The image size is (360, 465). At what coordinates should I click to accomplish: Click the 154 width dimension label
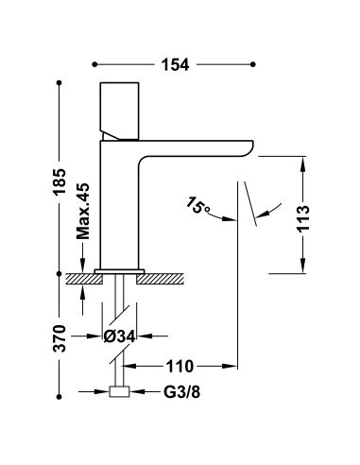point(175,64)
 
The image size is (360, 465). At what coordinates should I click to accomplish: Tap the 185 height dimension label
point(60,181)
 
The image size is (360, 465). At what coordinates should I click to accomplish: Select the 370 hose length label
point(60,338)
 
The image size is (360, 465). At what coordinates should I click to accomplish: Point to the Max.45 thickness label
point(83,211)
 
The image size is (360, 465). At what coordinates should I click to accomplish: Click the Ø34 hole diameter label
point(119,336)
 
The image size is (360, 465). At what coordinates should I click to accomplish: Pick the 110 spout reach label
point(180,366)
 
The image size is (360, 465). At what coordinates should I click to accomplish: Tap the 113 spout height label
point(303,218)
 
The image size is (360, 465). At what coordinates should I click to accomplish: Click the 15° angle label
point(197,205)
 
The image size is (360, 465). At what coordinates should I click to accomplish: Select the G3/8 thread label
point(181,392)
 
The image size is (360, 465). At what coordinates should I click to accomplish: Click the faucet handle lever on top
point(119,111)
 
